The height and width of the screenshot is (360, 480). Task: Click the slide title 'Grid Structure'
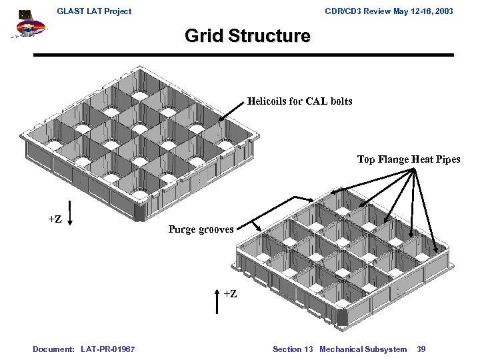247,36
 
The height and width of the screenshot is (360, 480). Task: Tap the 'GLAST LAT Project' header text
94,11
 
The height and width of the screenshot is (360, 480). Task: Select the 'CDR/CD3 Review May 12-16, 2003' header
388,11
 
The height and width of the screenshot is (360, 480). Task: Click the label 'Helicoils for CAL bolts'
299,101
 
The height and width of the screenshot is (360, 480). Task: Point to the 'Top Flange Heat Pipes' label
409,159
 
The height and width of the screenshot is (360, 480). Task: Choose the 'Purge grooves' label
201,229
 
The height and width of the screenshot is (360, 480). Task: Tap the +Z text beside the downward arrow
55,219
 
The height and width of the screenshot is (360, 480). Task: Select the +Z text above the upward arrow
229,293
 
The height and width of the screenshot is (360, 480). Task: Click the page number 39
421,349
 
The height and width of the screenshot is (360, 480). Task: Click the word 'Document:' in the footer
53,349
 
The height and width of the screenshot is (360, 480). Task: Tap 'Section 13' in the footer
292,349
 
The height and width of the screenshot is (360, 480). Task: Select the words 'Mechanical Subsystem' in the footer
363,349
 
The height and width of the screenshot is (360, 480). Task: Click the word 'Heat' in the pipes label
423,159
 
